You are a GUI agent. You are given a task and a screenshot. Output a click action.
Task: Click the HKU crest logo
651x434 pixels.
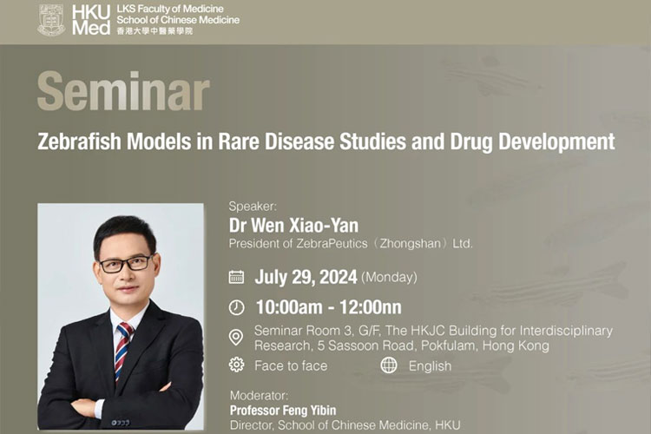[51, 20]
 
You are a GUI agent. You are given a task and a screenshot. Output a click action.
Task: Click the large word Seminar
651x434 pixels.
[124, 91]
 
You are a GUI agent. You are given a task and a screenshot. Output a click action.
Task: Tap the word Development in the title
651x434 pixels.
[556, 141]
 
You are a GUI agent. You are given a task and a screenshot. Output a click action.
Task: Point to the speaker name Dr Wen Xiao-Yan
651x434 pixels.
[293, 226]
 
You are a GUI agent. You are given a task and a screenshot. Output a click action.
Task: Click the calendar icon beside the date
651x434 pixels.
[237, 277]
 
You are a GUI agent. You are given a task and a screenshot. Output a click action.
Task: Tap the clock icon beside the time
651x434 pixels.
[237, 308]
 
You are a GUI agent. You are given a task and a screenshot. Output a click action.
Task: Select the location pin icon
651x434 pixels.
[236, 338]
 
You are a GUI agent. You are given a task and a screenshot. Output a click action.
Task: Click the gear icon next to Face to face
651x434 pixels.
[237, 365]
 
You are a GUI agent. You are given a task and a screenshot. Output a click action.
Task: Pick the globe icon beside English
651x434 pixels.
[389, 365]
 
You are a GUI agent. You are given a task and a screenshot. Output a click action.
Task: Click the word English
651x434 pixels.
[430, 366]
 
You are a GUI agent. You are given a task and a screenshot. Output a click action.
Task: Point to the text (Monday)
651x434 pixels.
[389, 277]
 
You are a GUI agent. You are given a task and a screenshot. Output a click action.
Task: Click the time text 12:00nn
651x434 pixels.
[371, 307]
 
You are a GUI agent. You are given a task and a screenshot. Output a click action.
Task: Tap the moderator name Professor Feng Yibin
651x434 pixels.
[283, 411]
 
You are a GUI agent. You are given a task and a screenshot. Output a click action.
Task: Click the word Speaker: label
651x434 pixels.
[253, 207]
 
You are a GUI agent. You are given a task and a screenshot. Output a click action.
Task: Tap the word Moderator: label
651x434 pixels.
[259, 395]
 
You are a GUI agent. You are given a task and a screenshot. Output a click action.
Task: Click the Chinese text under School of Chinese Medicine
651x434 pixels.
[155, 31]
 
